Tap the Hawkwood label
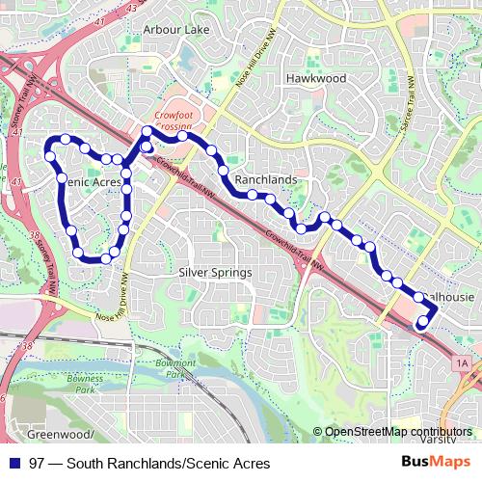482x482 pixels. pyautogui.click(x=308, y=77)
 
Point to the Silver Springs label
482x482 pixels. pyautogui.click(x=215, y=273)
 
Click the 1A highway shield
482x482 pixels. pyautogui.click(x=461, y=362)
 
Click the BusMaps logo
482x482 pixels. pyautogui.click(x=435, y=462)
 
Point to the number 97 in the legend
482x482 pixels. pyautogui.click(x=37, y=463)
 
